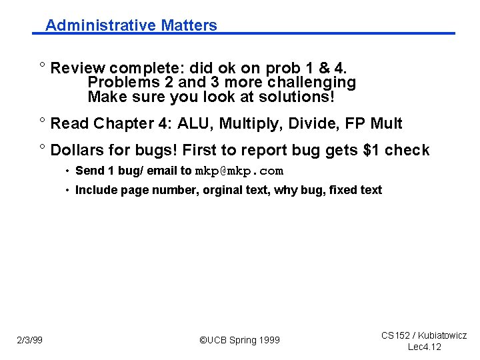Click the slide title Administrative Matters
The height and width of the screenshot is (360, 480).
pos(131,25)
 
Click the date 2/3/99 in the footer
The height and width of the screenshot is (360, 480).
pos(29,341)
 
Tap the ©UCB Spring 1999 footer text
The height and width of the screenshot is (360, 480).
pos(240,341)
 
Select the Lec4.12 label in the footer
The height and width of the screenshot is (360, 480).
pos(424,347)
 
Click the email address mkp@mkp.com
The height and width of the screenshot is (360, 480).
pos(239,171)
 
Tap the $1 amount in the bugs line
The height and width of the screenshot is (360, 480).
pos(371,150)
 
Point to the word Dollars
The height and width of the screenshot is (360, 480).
pos(78,150)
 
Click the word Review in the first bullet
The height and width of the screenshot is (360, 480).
pos(78,68)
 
